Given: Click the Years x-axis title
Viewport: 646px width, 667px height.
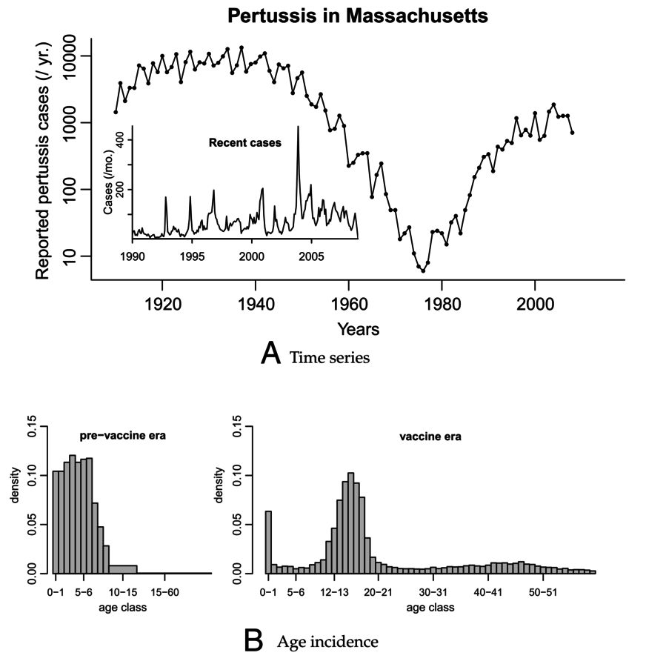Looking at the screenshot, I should tap(358, 328).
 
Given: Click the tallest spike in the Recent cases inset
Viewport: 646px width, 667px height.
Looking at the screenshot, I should tap(298, 127).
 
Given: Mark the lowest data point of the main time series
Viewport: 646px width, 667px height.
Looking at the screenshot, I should tap(423, 271).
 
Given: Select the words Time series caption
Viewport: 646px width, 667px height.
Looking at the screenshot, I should tap(330, 358).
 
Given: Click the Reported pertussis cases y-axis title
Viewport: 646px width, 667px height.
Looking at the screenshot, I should tap(43, 156).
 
